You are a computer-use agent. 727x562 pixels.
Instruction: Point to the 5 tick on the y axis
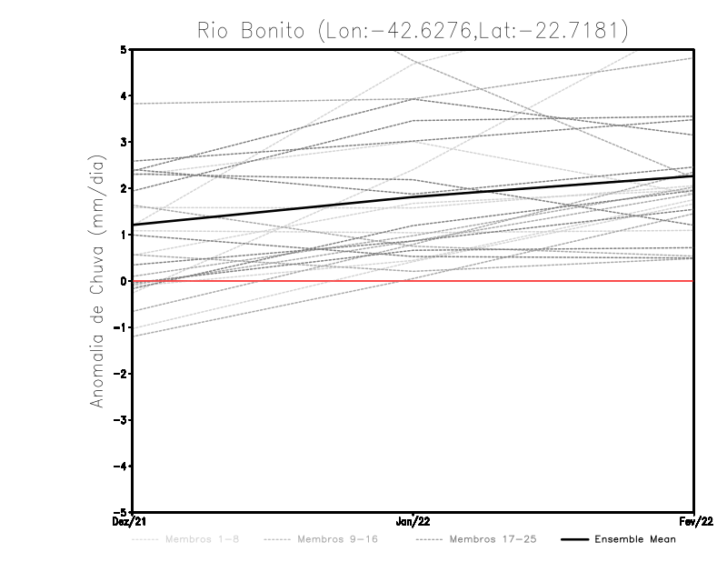[x=124, y=49]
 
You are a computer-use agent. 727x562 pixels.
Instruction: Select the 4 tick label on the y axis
[x=124, y=95]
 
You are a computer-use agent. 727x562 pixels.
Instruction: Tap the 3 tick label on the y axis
[x=124, y=142]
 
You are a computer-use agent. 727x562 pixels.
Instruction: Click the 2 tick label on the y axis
[x=124, y=188]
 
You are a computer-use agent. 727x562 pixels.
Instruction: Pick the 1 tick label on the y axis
[x=124, y=235]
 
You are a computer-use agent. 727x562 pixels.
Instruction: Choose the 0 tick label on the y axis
[x=124, y=281]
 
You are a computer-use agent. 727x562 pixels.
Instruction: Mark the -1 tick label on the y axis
[x=121, y=327]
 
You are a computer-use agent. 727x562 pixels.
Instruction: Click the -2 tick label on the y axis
[x=121, y=374]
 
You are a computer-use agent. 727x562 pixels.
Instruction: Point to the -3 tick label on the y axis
[x=121, y=420]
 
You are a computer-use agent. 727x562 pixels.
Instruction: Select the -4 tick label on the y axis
[x=121, y=466]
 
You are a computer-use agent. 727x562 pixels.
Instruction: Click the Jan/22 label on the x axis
[x=413, y=522]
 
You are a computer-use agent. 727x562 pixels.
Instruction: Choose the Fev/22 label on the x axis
[x=694, y=522]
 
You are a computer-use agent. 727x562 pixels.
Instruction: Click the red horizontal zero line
[x=545, y=281]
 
